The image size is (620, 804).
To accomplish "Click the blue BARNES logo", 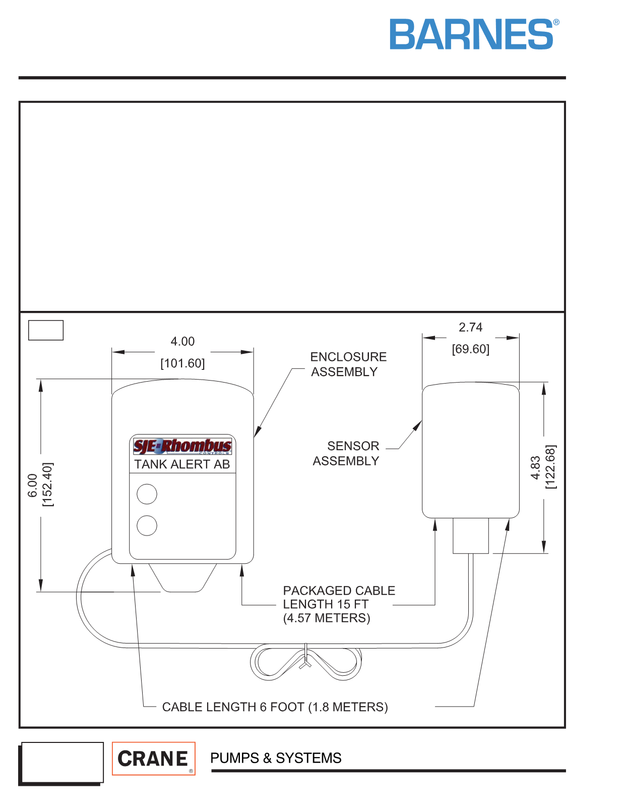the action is click(x=474, y=34).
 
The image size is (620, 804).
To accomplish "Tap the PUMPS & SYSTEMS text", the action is click(x=276, y=758).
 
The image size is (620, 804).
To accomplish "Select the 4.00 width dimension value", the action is click(x=182, y=341).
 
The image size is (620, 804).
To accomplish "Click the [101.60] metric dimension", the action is click(x=182, y=363).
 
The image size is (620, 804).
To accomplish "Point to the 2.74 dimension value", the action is click(x=470, y=327).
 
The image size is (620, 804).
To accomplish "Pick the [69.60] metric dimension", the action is click(x=470, y=349).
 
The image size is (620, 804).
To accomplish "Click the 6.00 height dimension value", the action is click(x=33, y=486).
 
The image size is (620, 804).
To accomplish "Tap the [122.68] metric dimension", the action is click(x=550, y=467).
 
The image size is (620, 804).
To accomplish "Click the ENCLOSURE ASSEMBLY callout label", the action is click(x=348, y=364).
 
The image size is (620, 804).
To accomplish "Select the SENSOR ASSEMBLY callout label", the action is click(x=346, y=453).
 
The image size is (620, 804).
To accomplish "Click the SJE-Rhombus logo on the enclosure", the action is click(x=182, y=446).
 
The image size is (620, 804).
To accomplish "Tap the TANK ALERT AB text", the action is click(x=182, y=464).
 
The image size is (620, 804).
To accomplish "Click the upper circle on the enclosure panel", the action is click(x=147, y=494).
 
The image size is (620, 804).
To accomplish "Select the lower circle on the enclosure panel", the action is click(x=147, y=525).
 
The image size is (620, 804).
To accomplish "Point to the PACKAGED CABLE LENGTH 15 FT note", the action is click(x=339, y=604).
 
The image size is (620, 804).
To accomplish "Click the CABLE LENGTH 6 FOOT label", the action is click(x=275, y=707).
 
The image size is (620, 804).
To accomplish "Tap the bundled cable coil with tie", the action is click(x=306, y=662).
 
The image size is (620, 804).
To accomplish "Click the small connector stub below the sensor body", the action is click(x=471, y=535).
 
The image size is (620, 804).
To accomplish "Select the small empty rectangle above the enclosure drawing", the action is click(x=46, y=330).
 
